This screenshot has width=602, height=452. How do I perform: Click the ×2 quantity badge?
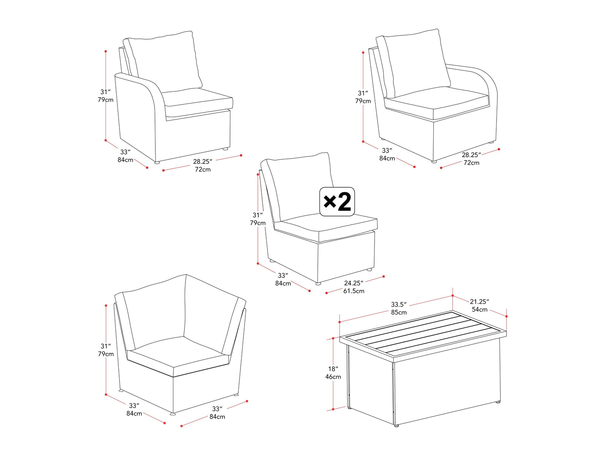pos(337,202)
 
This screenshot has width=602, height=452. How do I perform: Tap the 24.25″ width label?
pos(353,283)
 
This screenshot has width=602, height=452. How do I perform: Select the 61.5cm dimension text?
pos(354,291)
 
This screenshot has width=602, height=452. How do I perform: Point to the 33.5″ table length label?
pos(399,304)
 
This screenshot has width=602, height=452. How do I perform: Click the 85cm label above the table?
pos(399,312)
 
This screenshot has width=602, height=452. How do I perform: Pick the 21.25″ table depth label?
pos(479,301)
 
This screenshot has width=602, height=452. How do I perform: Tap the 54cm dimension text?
pos(480,309)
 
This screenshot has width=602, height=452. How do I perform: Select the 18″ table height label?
pos(333,369)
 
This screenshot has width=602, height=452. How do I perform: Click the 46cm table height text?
pos(333,377)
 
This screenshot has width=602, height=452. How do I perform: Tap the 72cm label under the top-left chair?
pos(203,169)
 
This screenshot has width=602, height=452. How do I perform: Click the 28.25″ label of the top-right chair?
pos(471,155)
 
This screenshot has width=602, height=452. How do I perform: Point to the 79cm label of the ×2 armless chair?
pos(257,223)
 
